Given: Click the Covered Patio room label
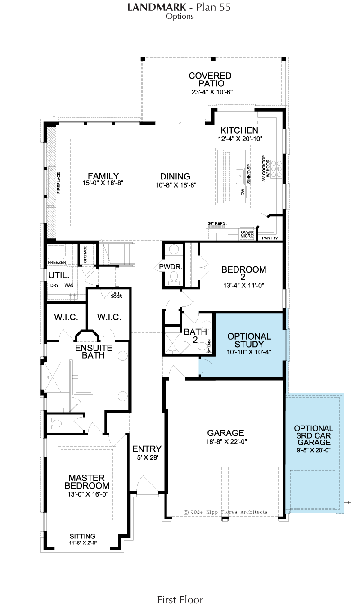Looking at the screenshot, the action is pos(210,80).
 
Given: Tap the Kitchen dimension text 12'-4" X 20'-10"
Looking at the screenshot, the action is pos(240,139).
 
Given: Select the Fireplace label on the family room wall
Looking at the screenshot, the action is pos(58,183).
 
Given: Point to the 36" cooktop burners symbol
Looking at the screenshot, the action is pos(276,169).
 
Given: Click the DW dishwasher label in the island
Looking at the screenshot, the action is pos(243,192).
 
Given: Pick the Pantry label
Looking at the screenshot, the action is pos(270,238).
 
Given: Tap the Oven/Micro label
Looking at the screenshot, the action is pos(247,234).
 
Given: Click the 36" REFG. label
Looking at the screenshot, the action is pos(217,224).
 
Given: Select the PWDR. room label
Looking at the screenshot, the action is pos(171,267).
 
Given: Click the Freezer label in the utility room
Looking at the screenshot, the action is pos(57,263).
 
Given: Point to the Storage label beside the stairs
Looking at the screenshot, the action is pos(85,254).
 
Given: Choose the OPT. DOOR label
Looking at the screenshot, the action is pos(116,295).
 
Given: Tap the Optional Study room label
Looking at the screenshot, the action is pos(249,340).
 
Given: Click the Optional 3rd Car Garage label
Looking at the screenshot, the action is pos(314,435).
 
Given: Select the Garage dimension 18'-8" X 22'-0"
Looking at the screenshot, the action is pos(226,441).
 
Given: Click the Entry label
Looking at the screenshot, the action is pos(147,449).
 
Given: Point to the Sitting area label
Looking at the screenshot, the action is pos(82,536).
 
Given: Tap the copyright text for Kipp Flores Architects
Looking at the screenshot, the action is pos(226,512).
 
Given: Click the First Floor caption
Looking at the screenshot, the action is pos(180,600).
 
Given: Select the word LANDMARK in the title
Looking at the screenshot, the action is pos(157,7).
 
